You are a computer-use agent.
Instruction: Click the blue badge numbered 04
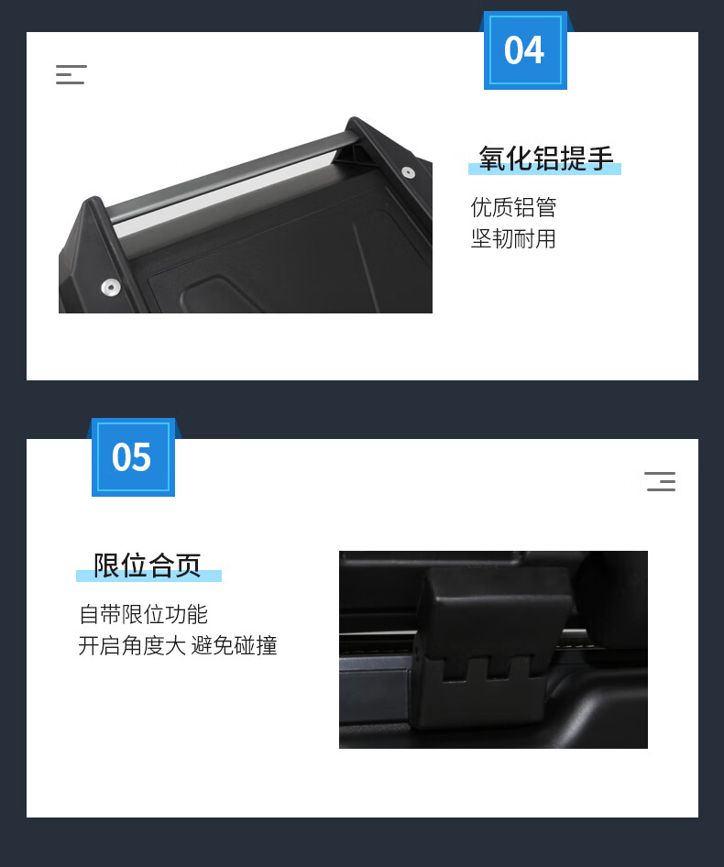[x=525, y=50]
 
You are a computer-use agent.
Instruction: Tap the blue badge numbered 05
[x=133, y=457]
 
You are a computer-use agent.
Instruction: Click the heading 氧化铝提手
[x=546, y=159]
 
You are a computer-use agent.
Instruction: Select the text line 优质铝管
[x=513, y=207]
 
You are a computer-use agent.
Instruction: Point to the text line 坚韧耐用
[x=513, y=239]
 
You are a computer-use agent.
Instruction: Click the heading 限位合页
[x=148, y=565]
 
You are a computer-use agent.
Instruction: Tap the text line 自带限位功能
[x=143, y=614]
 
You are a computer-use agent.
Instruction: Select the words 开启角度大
[x=132, y=645]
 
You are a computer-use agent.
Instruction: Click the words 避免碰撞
[x=234, y=645]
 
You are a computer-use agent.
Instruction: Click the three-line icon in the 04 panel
[x=71, y=74]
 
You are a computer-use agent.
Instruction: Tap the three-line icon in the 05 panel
[x=660, y=481]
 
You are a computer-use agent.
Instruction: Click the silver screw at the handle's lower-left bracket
[x=111, y=287]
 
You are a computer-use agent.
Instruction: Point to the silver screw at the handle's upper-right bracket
[x=408, y=172]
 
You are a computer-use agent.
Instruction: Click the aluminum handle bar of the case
[x=232, y=180]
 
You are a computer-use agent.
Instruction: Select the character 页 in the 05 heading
[x=188, y=565]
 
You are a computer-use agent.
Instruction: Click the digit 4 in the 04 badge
[x=534, y=50]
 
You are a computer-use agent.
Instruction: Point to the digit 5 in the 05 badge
[x=141, y=457]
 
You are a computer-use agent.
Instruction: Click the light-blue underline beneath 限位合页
[x=148, y=576]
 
